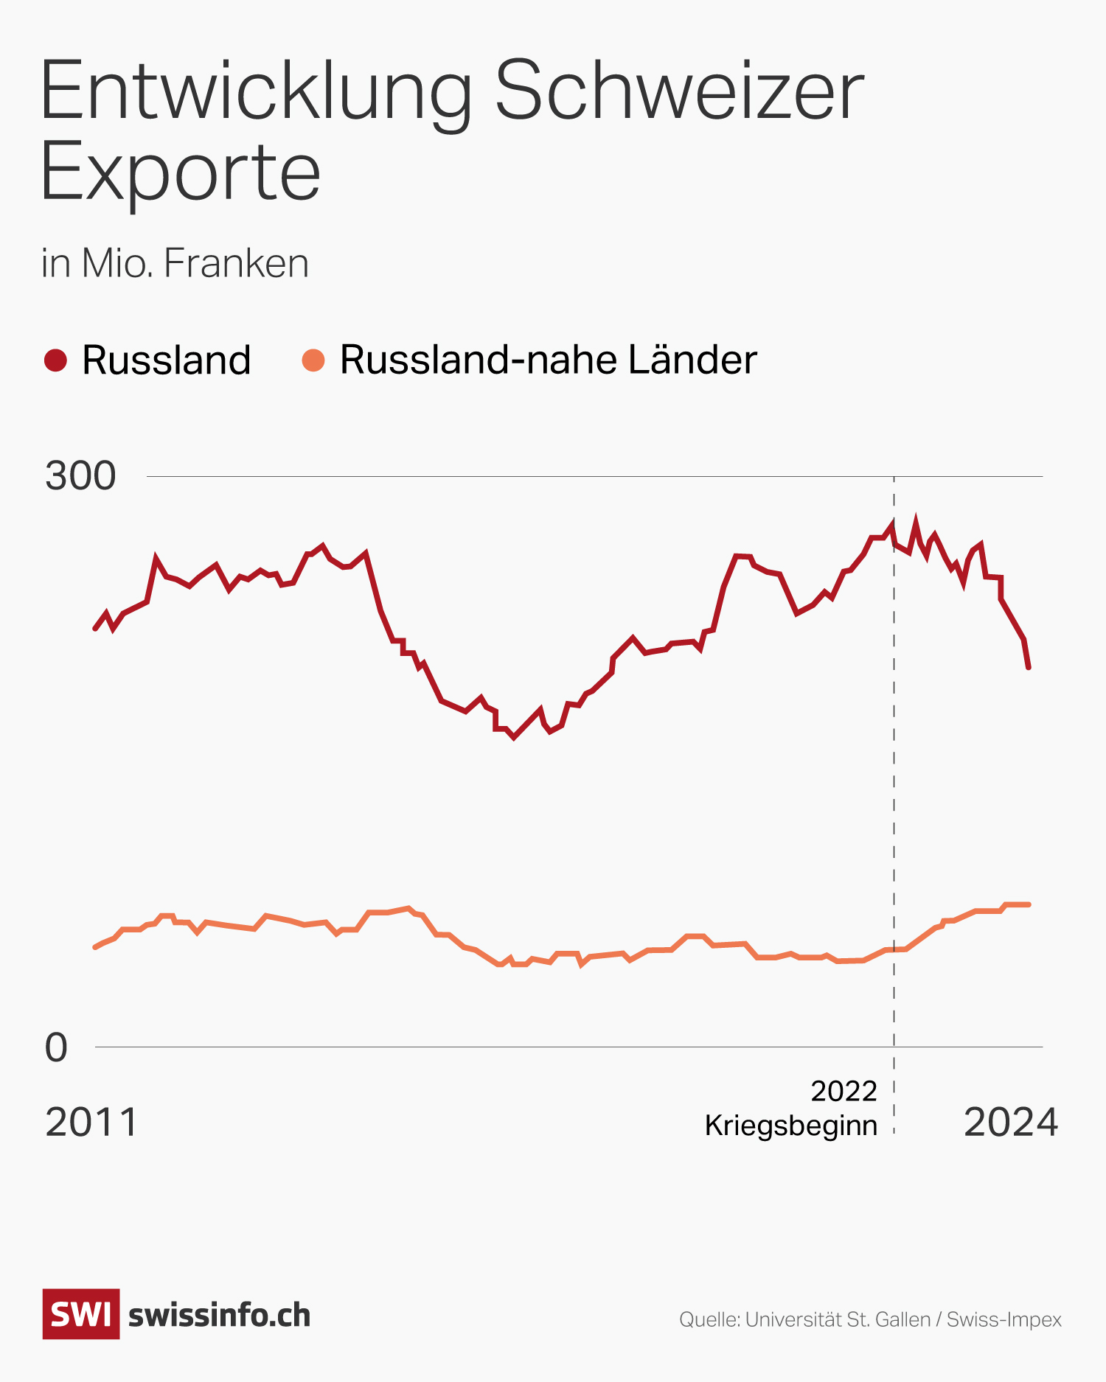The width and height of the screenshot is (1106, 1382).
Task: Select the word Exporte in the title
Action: point(181,172)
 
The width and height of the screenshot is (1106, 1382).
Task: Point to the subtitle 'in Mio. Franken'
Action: point(175,263)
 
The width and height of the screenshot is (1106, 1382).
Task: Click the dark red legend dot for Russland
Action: point(56,360)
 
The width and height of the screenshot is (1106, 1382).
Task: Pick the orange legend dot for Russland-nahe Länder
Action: point(313,360)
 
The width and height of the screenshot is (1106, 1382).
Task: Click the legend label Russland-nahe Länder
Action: point(548,360)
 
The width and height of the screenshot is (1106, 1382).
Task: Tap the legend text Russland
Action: point(167,360)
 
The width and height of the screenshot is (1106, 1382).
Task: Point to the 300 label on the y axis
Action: point(80,476)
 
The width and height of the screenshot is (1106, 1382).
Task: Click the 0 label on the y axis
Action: point(57,1047)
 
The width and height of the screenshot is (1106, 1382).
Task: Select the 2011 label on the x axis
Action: point(91,1123)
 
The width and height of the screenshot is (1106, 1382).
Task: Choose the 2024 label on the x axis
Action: point(1011,1123)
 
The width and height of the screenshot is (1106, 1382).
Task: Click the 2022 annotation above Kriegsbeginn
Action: point(844,1091)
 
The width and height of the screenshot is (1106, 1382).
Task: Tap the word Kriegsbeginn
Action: point(791,1126)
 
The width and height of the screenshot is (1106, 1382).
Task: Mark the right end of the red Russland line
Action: point(1029,668)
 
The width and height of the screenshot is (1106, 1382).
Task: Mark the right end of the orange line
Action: point(1029,904)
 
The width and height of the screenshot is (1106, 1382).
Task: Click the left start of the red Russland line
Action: point(95,629)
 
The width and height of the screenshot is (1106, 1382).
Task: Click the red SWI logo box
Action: point(81,1314)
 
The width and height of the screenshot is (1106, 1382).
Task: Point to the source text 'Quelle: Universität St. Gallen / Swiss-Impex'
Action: point(870,1319)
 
